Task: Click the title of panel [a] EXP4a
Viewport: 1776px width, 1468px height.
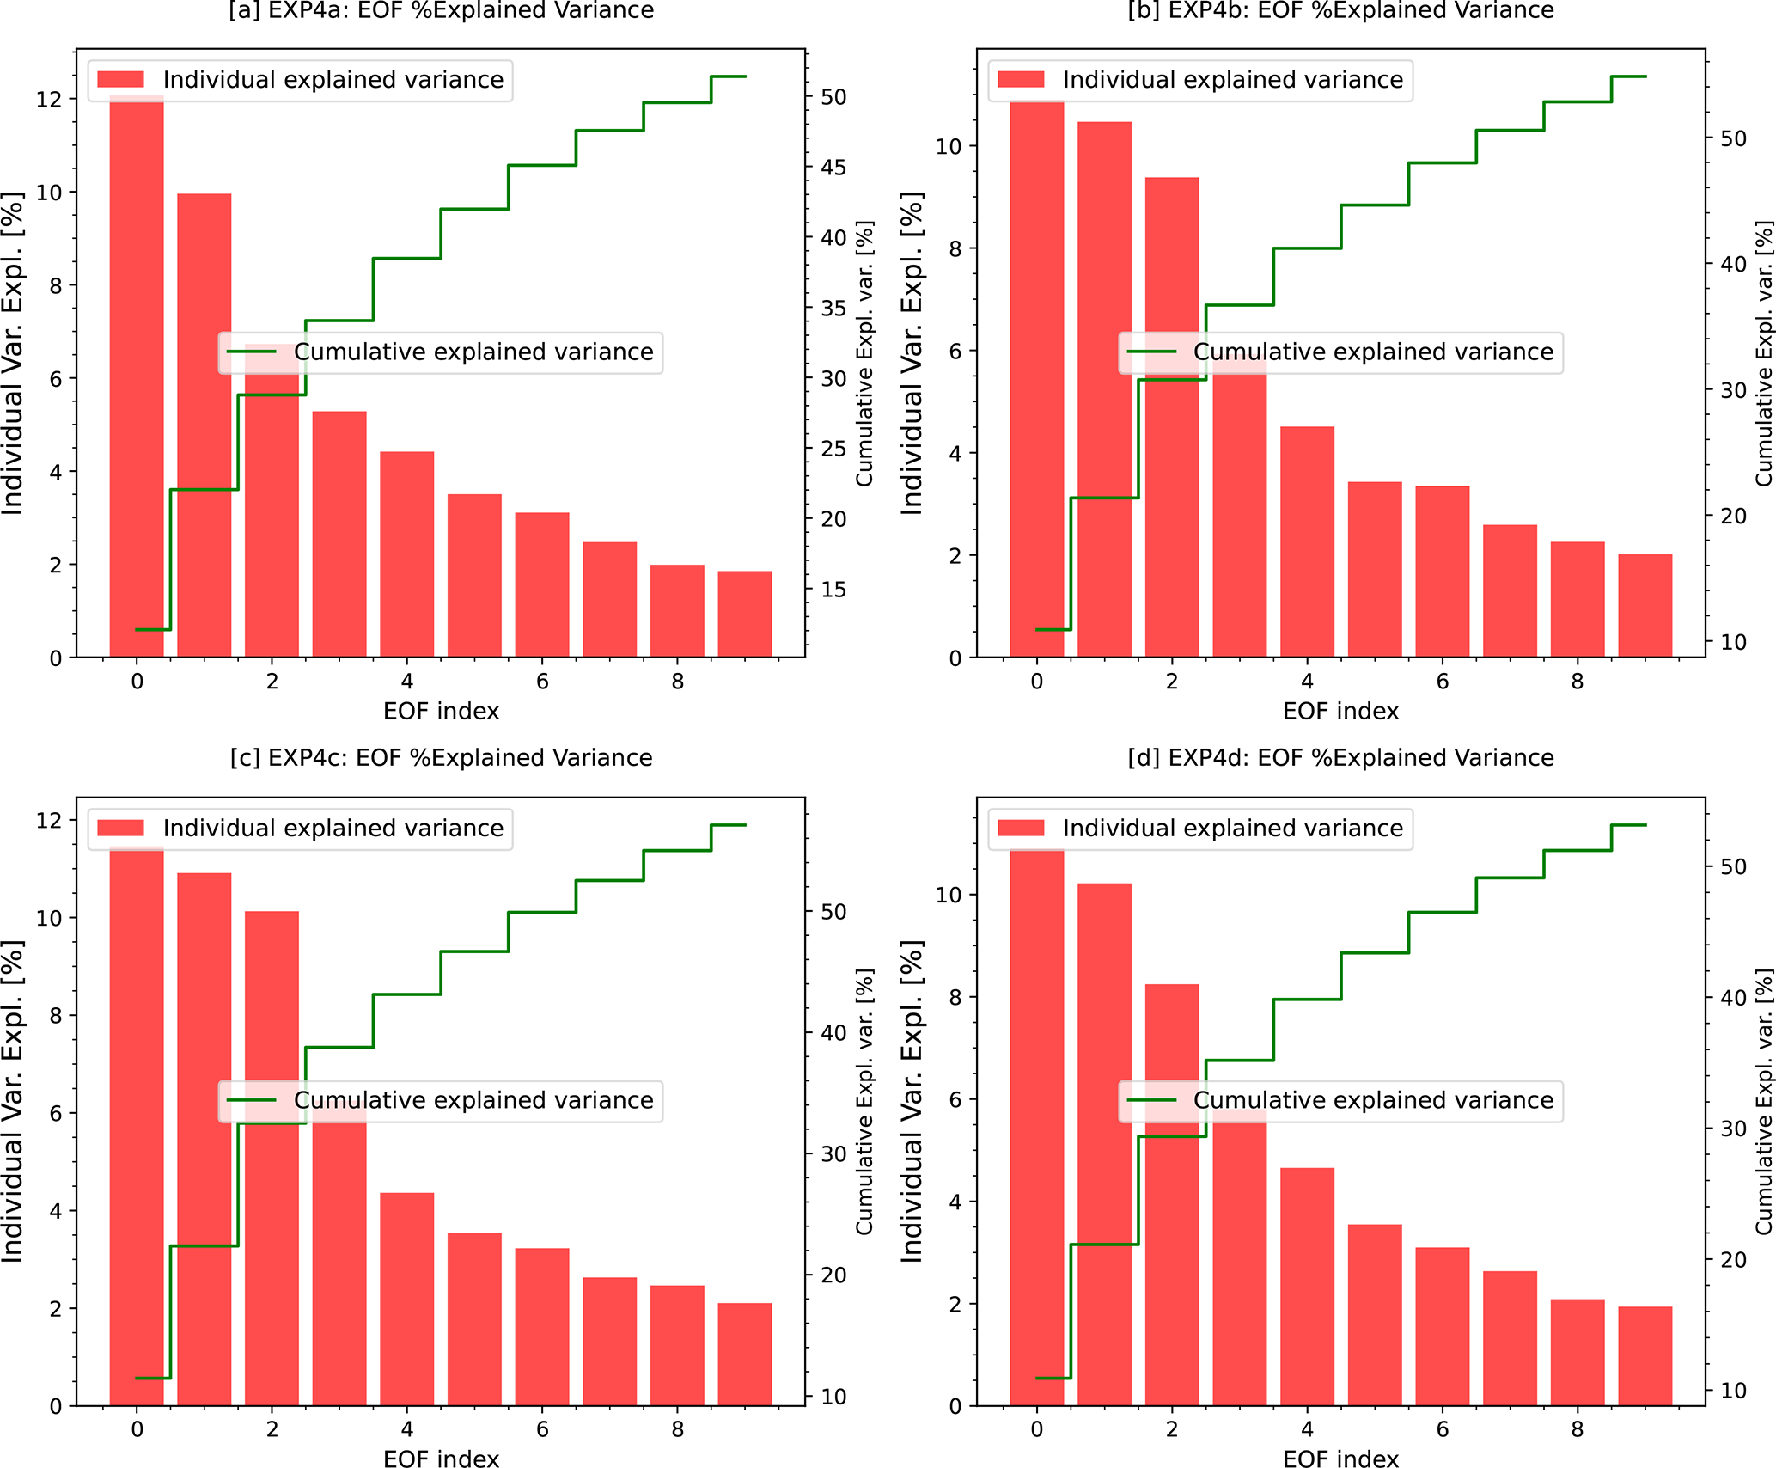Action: click(x=441, y=10)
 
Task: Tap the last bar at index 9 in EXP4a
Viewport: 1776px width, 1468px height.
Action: click(x=745, y=614)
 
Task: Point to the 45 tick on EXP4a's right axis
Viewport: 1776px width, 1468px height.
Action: click(x=833, y=168)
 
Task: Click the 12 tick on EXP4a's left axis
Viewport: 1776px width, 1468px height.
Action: click(x=50, y=100)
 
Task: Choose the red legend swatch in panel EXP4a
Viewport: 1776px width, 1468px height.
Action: click(x=121, y=80)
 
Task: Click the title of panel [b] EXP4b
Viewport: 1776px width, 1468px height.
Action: click(x=1340, y=10)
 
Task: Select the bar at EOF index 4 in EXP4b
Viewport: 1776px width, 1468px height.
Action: click(x=1307, y=541)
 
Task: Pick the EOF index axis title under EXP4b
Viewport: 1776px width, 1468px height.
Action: click(x=1340, y=712)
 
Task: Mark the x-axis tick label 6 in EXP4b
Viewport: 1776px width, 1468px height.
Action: click(x=1443, y=682)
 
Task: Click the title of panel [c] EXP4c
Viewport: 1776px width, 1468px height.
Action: click(x=441, y=758)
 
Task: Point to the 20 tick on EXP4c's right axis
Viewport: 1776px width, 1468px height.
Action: click(x=833, y=1275)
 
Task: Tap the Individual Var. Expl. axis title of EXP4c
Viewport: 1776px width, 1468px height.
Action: click(x=12, y=1101)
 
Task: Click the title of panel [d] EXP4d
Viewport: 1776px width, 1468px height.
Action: click(x=1340, y=758)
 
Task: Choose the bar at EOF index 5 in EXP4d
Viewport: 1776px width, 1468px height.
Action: click(x=1375, y=1315)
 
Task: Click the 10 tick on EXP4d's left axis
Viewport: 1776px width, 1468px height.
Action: click(x=949, y=895)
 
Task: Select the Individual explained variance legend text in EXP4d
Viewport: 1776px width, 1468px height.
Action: click(x=1232, y=829)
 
